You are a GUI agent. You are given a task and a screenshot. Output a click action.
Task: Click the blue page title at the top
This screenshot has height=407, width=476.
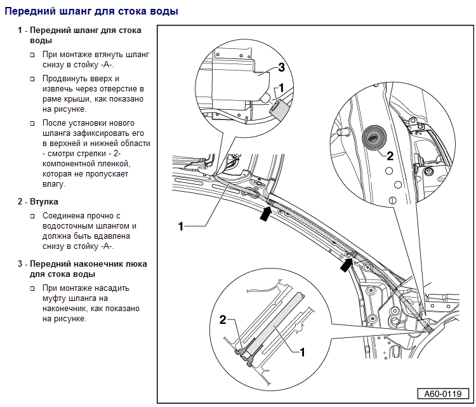click(x=91, y=11)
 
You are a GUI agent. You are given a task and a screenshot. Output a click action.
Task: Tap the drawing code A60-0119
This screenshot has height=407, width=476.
click(x=439, y=394)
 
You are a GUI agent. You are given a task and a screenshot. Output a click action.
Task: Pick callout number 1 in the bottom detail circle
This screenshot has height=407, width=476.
click(x=302, y=350)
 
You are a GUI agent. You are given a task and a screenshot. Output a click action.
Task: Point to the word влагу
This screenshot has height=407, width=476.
click(x=54, y=184)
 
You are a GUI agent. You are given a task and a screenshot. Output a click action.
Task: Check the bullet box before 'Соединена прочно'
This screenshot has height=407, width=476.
click(x=33, y=216)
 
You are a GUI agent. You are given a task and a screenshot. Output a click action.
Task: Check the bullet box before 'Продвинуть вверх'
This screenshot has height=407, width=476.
click(x=33, y=79)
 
